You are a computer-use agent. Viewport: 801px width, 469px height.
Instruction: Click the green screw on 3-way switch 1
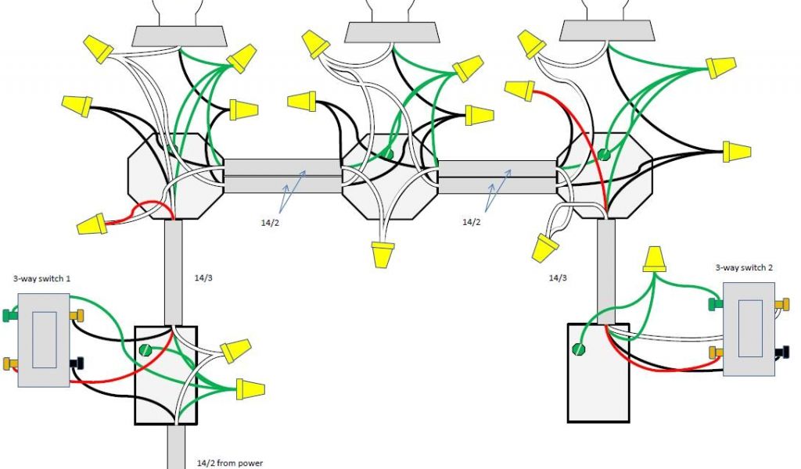pyautogui.click(x=9, y=316)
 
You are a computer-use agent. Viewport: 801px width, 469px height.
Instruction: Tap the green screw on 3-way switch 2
pyautogui.click(x=713, y=303)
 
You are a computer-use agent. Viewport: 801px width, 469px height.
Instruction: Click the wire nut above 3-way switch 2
pyautogui.click(x=654, y=260)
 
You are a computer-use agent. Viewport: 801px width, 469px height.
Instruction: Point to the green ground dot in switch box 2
pyautogui.click(x=580, y=349)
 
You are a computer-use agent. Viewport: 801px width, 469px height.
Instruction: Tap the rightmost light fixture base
pyautogui.click(x=607, y=30)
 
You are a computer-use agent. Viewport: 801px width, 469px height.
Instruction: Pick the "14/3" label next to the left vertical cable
pyautogui.click(x=202, y=277)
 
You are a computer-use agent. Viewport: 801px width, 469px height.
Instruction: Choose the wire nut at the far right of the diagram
pyautogui.click(x=735, y=151)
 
